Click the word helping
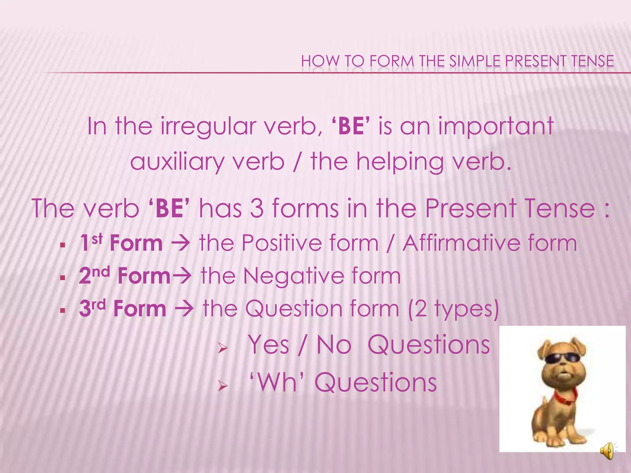click(x=400, y=162)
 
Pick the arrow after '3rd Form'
click(x=184, y=309)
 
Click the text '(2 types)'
click(x=453, y=309)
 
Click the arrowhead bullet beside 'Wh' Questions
click(x=222, y=386)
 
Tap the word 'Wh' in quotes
click(x=276, y=382)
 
